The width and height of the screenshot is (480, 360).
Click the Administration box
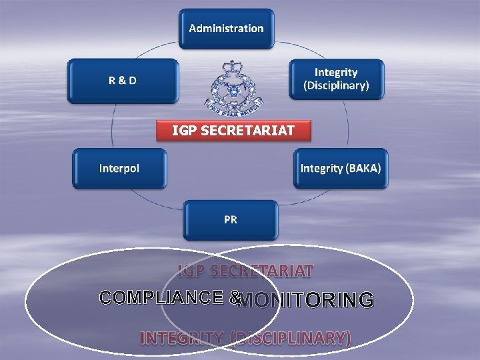point(226,29)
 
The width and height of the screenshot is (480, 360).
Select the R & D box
point(123,81)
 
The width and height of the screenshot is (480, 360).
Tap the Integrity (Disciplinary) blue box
point(336,79)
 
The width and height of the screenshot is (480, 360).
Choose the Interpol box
point(119,168)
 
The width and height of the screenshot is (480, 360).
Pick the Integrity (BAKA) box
point(341,168)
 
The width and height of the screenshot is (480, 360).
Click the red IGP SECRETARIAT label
point(233,131)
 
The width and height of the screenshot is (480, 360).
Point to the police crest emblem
point(233,90)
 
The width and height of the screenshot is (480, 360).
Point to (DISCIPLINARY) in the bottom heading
point(290,338)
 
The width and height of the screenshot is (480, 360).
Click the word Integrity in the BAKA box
point(321,168)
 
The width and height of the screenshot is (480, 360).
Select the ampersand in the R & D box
point(123,81)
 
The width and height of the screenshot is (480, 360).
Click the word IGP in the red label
point(185,131)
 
